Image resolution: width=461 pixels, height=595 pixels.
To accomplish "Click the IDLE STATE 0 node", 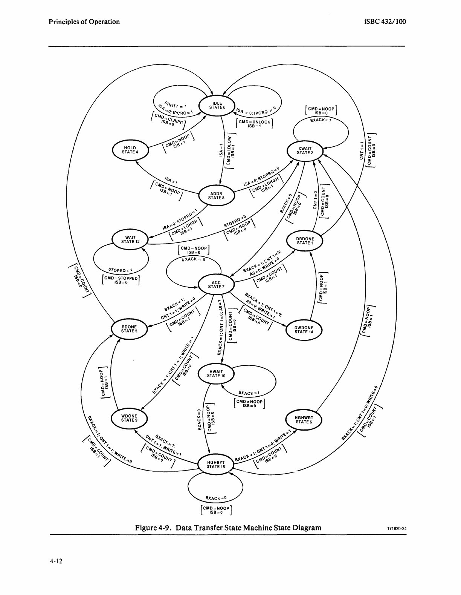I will pyautogui.click(x=217, y=105).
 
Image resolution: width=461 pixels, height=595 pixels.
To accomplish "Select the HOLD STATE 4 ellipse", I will pyautogui.click(x=130, y=150).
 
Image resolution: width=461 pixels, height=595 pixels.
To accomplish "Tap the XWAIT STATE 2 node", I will pyautogui.click(x=305, y=150).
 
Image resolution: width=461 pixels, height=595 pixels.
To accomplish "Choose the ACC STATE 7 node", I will pyautogui.click(x=216, y=284).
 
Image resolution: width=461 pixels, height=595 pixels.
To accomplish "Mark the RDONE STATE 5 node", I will pyautogui.click(x=129, y=329).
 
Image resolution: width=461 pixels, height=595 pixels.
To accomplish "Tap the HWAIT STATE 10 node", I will pyautogui.click(x=216, y=373).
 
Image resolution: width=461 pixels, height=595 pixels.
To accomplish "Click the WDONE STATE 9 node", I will pyautogui.click(x=129, y=418).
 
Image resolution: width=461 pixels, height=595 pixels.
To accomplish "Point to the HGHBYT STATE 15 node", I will pyautogui.click(x=216, y=464).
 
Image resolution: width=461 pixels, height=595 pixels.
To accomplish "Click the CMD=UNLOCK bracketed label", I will pyautogui.click(x=255, y=124).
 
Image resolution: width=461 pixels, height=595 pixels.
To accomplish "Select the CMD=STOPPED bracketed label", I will pyautogui.click(x=121, y=280).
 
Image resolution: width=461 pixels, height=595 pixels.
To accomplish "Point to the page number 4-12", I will pyautogui.click(x=55, y=561).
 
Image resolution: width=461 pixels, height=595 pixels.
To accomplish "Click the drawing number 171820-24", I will pyautogui.click(x=397, y=529).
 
